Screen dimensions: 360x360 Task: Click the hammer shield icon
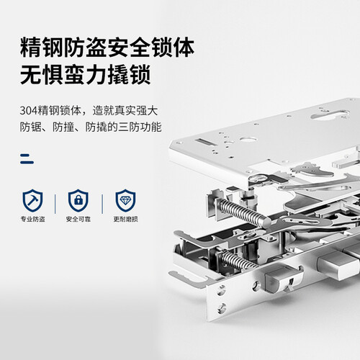[x=32, y=200]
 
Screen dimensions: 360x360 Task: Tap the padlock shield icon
[x=78, y=200]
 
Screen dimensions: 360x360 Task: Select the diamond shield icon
[x=125, y=200]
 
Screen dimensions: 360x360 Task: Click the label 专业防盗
[x=32, y=219]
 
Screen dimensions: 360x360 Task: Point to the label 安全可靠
[x=78, y=219]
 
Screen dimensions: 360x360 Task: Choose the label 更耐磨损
[x=125, y=219]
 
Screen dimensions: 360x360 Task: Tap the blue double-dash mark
[x=27, y=158]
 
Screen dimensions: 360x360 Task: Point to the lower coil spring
[x=238, y=261]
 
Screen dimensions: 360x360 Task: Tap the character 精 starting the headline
[x=31, y=47]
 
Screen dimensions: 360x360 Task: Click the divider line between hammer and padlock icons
[x=55, y=204]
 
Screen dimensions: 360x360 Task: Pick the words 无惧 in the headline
[x=42, y=74]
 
